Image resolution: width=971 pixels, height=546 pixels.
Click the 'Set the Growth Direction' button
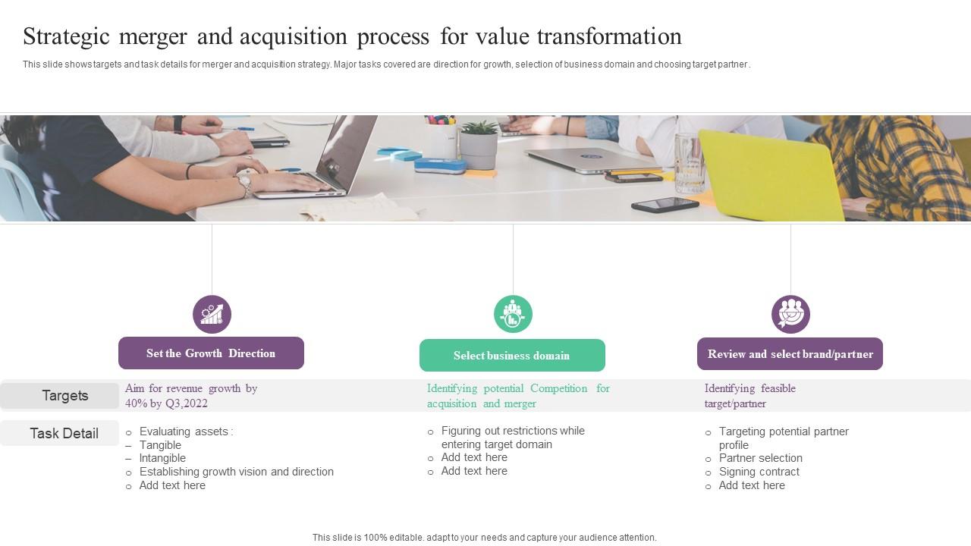click(211, 353)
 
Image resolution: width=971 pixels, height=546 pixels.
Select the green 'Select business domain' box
click(512, 356)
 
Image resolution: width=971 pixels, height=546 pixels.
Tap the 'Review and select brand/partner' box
click(790, 354)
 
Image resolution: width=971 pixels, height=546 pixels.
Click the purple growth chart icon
click(212, 314)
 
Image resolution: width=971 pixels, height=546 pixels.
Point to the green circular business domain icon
click(513, 314)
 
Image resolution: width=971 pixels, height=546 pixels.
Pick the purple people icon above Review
click(790, 314)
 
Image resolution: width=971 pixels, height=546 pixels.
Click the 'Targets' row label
click(64, 396)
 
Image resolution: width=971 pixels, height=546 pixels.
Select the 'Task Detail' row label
click(64, 434)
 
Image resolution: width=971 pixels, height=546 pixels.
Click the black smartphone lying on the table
click(665, 205)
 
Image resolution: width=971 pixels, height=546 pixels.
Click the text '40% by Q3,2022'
click(166, 403)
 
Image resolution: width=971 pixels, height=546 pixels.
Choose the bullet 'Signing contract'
click(759, 472)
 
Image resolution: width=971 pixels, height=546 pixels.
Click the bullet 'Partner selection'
click(760, 458)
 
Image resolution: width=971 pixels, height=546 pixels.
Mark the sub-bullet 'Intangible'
click(162, 458)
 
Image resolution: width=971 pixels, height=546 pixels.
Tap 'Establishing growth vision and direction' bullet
click(236, 472)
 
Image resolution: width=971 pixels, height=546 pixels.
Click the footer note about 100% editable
click(484, 538)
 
